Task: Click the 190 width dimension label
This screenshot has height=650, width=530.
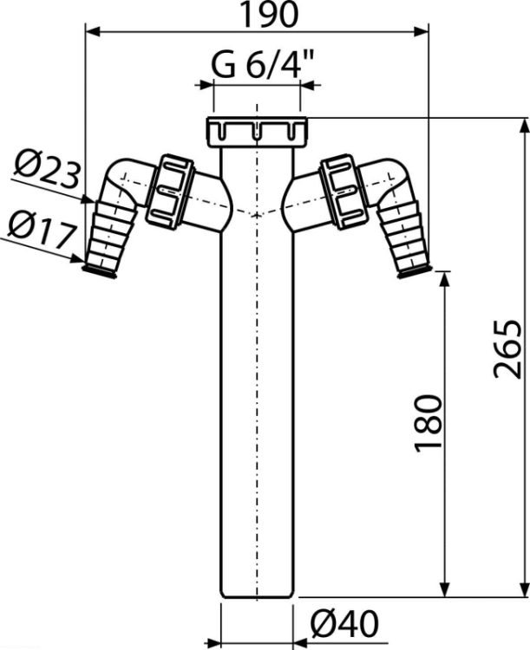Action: tap(270, 15)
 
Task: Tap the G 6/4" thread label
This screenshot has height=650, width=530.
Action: tap(263, 65)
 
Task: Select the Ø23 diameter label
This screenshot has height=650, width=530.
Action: tap(47, 168)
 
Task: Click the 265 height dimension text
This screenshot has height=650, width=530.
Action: tap(507, 348)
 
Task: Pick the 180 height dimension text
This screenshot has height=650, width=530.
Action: tap(428, 422)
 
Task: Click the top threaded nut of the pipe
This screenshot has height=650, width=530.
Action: tap(257, 132)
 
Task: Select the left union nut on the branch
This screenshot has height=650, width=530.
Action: tap(170, 192)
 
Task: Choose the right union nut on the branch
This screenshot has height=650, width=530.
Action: tap(344, 192)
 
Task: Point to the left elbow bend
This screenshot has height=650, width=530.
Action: tap(125, 179)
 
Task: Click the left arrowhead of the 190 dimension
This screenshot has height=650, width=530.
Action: tap(92, 31)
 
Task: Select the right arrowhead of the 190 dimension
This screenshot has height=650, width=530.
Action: tap(421, 31)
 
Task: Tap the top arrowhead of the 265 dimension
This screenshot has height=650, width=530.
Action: tap(525, 126)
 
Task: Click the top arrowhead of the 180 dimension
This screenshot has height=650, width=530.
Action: tap(445, 279)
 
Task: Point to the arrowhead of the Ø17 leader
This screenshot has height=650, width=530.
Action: tap(77, 258)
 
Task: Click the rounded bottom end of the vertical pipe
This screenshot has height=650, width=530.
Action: tap(257, 595)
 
